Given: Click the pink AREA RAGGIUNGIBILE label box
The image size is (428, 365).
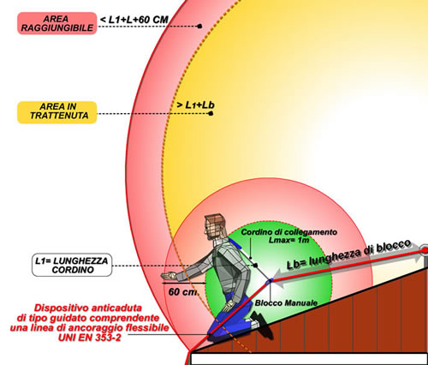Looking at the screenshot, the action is click(x=57, y=23).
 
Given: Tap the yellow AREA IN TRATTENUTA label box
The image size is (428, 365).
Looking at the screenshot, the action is click(x=57, y=112).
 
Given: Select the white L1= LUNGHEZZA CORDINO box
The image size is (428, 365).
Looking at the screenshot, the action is click(x=72, y=265).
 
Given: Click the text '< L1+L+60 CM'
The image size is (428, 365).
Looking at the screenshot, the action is click(x=134, y=20).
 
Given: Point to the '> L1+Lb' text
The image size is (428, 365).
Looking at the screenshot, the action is click(x=195, y=105).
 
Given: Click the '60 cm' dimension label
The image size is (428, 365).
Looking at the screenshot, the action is click(x=182, y=292).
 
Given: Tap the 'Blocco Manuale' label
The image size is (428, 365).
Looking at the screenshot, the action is click(x=286, y=302).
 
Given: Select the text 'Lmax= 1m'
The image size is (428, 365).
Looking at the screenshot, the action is click(x=288, y=240).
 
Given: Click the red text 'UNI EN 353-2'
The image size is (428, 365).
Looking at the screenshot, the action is click(x=90, y=338).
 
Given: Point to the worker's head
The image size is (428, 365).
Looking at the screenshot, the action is click(x=214, y=227).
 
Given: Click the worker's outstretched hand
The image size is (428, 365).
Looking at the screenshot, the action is click(x=169, y=276).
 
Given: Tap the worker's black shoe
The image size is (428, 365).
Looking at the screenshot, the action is click(x=262, y=323).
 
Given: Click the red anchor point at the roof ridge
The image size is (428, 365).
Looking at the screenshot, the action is click(x=425, y=250).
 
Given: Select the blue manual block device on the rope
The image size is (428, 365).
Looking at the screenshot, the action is click(x=269, y=282).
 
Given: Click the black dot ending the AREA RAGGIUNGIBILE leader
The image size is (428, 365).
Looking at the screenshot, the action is click(x=199, y=27).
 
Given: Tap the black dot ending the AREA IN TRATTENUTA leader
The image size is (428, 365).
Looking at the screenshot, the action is click(x=211, y=113).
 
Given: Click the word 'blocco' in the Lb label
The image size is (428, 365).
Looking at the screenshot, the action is click(x=393, y=248).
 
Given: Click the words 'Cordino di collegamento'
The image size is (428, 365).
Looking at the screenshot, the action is click(x=288, y=232).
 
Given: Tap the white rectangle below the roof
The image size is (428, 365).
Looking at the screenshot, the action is click(x=309, y=359).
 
